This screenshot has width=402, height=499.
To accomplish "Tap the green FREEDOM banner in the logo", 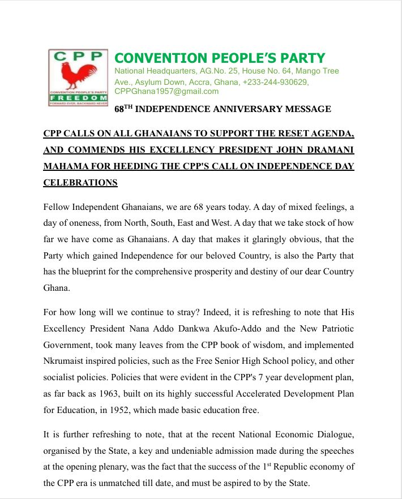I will coord(78,98).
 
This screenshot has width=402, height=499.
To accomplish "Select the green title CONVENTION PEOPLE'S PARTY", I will coord(220,58).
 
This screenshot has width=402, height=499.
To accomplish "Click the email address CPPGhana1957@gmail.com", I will coord(166,91).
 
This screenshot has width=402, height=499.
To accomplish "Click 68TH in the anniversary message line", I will coord(123,109).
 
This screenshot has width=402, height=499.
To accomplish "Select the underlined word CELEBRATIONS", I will coord(80,183).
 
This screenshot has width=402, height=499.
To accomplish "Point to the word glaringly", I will coord(268,239).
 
